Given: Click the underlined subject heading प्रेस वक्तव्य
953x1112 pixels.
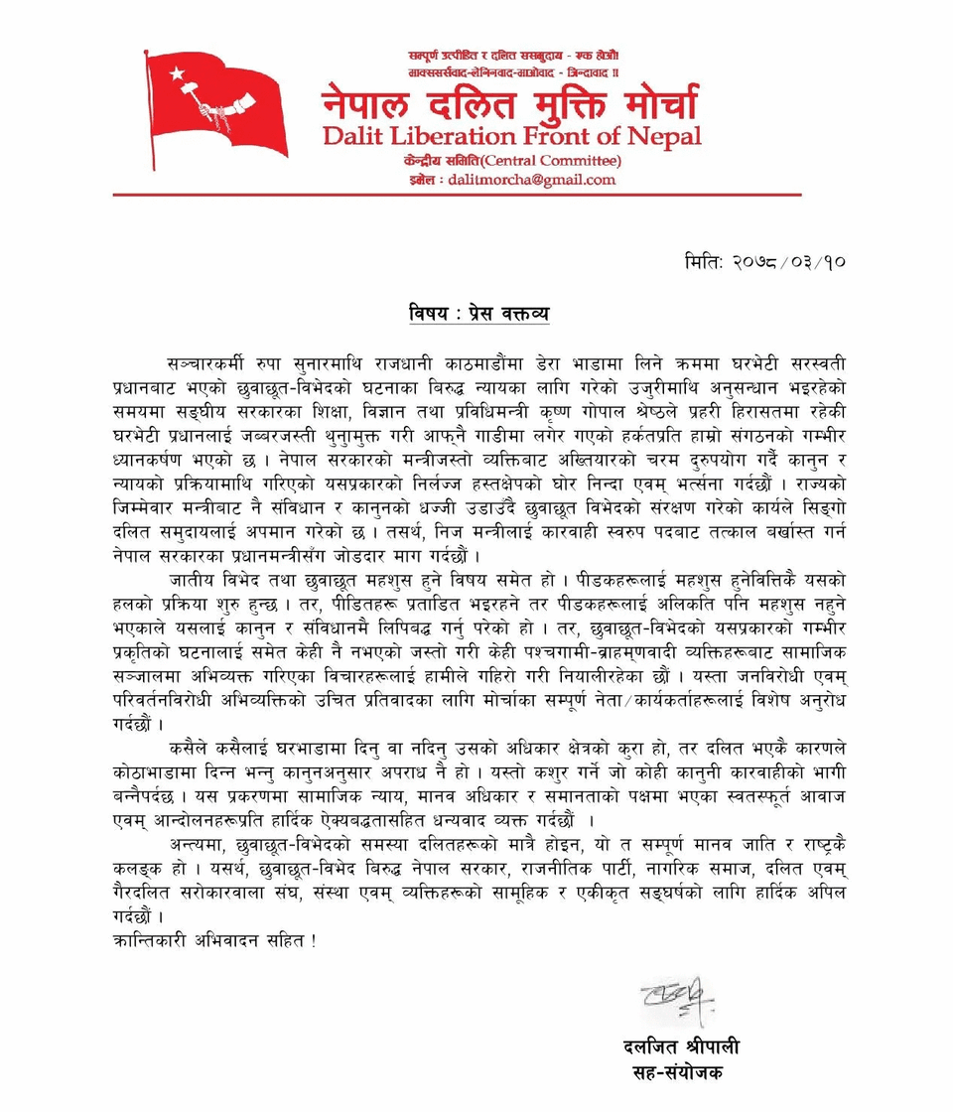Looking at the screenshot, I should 497,316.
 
